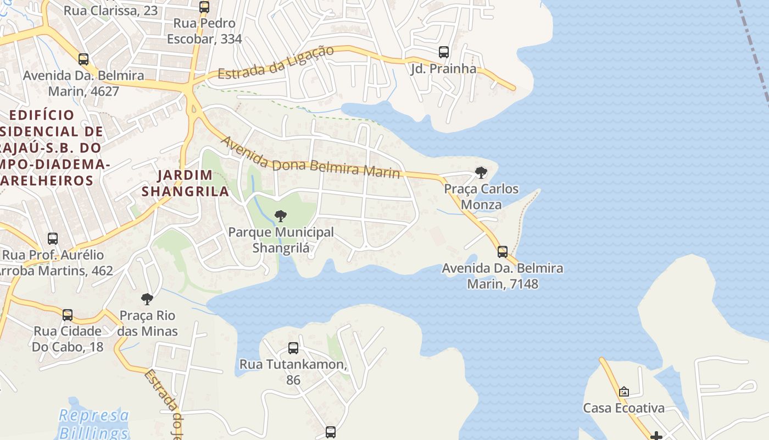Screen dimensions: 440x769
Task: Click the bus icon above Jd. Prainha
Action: point(444,52)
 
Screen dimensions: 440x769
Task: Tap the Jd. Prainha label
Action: point(443,69)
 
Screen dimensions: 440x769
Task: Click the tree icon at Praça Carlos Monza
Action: point(481,173)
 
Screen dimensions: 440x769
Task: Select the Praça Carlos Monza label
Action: point(481,197)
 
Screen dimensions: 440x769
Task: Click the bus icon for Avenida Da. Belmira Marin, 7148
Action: point(503,252)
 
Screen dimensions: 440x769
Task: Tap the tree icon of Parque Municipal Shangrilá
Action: point(281,216)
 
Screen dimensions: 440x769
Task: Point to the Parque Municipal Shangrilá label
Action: point(281,240)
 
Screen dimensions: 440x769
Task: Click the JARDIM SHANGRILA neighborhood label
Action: point(185,183)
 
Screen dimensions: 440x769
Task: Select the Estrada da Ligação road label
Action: point(276,62)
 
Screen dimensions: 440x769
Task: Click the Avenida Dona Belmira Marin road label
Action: point(310,158)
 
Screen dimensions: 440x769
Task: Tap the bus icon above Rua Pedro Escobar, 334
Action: point(204,7)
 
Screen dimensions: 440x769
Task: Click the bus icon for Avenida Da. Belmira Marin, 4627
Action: point(83,59)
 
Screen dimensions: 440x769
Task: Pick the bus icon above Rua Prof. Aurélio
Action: point(53,239)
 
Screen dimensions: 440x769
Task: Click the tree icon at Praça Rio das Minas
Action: point(147,299)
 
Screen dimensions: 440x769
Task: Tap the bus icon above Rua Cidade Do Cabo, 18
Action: point(68,315)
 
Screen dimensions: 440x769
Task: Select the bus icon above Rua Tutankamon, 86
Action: point(293,348)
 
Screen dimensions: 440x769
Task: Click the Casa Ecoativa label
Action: point(623,408)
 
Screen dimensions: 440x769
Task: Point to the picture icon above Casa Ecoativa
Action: point(623,392)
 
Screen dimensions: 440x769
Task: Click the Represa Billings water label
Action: point(93,424)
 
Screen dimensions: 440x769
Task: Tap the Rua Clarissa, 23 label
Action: point(110,10)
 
